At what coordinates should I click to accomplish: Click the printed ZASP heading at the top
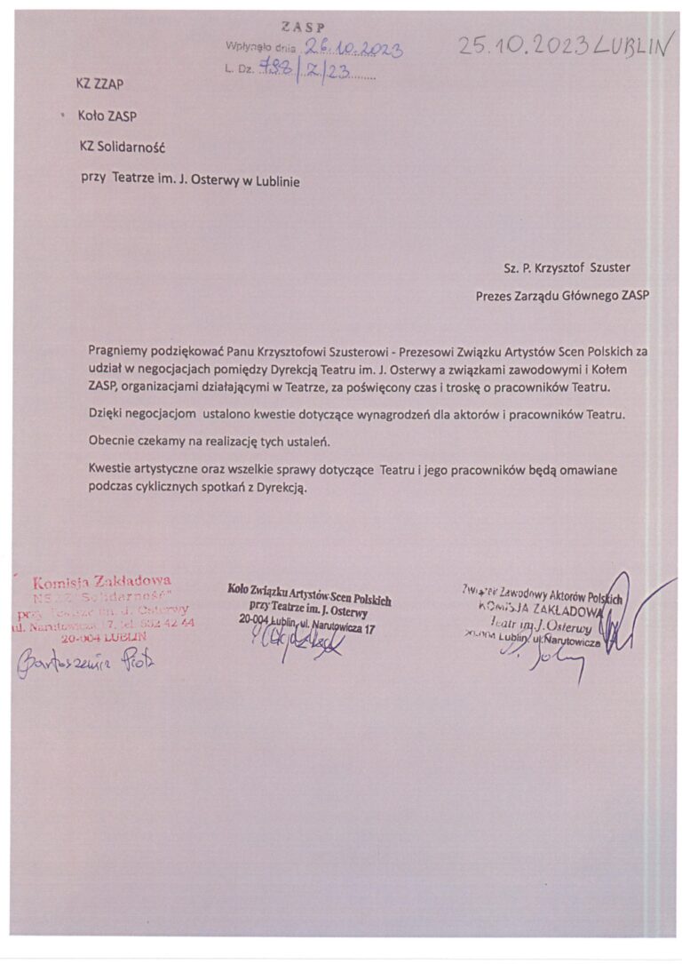click(303, 28)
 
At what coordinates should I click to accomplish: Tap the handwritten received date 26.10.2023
click(353, 50)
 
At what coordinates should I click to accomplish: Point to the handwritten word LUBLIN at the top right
click(631, 47)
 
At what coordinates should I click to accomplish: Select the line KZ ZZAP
click(99, 84)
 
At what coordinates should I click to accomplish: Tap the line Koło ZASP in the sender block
click(107, 116)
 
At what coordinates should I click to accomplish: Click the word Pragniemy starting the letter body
click(117, 353)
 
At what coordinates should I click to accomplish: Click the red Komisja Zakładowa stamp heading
click(102, 583)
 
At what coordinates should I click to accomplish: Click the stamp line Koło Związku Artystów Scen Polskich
click(309, 591)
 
